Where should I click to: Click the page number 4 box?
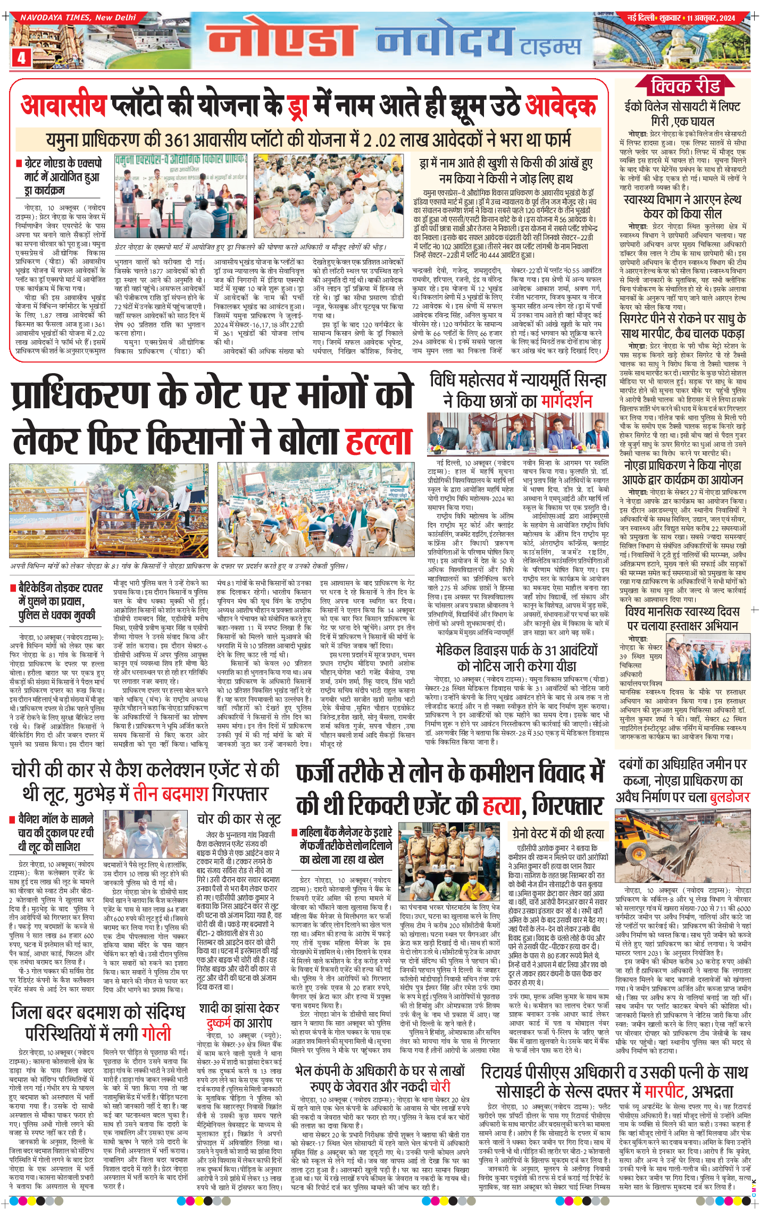pos(21,57)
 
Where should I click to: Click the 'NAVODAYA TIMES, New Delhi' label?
pos(78,18)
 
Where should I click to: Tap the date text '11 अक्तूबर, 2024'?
pos(711,18)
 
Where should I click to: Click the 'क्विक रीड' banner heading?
pos(685,86)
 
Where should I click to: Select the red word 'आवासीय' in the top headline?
pos(64,106)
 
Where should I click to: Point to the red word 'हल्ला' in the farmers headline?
pos(379,441)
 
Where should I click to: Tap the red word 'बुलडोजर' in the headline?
pos(729,797)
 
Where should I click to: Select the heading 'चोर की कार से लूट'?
pos(238,819)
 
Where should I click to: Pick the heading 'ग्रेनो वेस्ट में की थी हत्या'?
pos(557,833)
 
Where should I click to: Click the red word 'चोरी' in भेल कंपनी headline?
pos(440,1086)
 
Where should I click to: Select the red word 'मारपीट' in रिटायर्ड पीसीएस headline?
pos(663,1092)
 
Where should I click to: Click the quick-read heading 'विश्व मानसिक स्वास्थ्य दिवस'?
pos(682,611)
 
